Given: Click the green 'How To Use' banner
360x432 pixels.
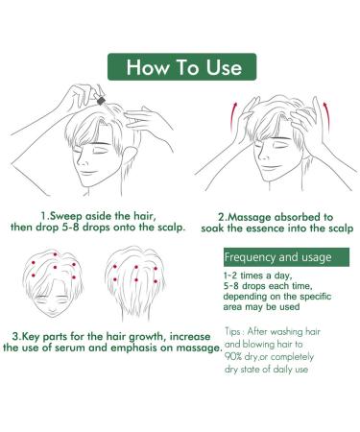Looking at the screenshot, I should click(180, 67).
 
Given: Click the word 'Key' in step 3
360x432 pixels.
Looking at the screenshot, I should click(34, 337).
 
